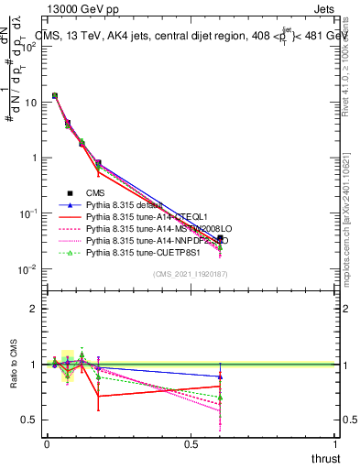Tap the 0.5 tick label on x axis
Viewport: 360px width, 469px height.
191,444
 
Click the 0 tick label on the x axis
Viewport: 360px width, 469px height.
47,444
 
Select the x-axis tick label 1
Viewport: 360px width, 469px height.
335,444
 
